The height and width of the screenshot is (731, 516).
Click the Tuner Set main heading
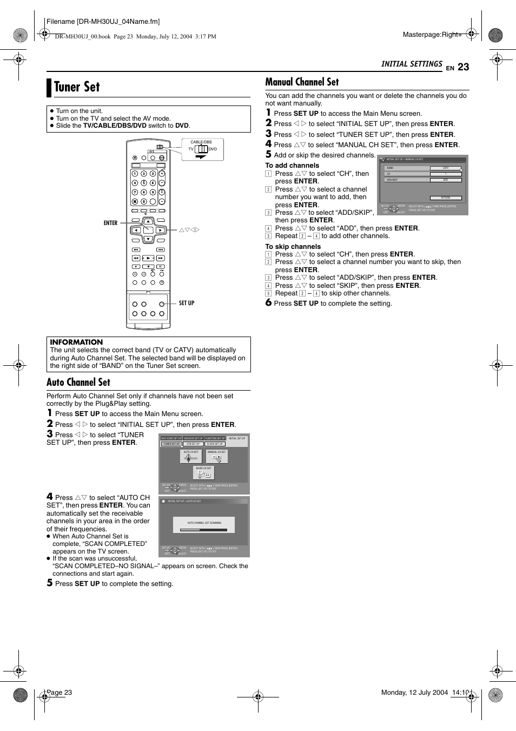point(77,87)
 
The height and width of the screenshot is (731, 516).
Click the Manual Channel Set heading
point(302,82)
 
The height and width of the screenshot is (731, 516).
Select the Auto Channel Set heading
point(78,383)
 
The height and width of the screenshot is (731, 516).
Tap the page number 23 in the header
point(463,67)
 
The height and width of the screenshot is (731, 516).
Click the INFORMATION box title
point(76,342)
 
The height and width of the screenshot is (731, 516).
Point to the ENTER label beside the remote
point(110,223)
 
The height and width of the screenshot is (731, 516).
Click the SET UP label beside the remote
point(187,303)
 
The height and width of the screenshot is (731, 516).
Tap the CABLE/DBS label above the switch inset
point(201,142)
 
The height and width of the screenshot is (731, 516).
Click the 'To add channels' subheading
point(292,166)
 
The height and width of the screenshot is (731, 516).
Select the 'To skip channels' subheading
point(293,247)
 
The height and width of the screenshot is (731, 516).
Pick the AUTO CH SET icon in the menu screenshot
point(190,457)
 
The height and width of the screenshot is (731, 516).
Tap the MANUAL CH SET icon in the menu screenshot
point(217,457)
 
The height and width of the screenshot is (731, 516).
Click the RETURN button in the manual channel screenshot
point(446,198)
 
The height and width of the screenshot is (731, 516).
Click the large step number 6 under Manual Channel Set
point(268,303)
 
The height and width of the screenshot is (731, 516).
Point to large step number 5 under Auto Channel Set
point(50,583)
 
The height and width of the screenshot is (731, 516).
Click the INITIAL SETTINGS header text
point(412,64)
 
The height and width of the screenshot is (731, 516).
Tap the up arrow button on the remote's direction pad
point(148,221)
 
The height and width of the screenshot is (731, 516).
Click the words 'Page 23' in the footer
point(59,693)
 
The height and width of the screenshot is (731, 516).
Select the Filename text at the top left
point(103,22)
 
